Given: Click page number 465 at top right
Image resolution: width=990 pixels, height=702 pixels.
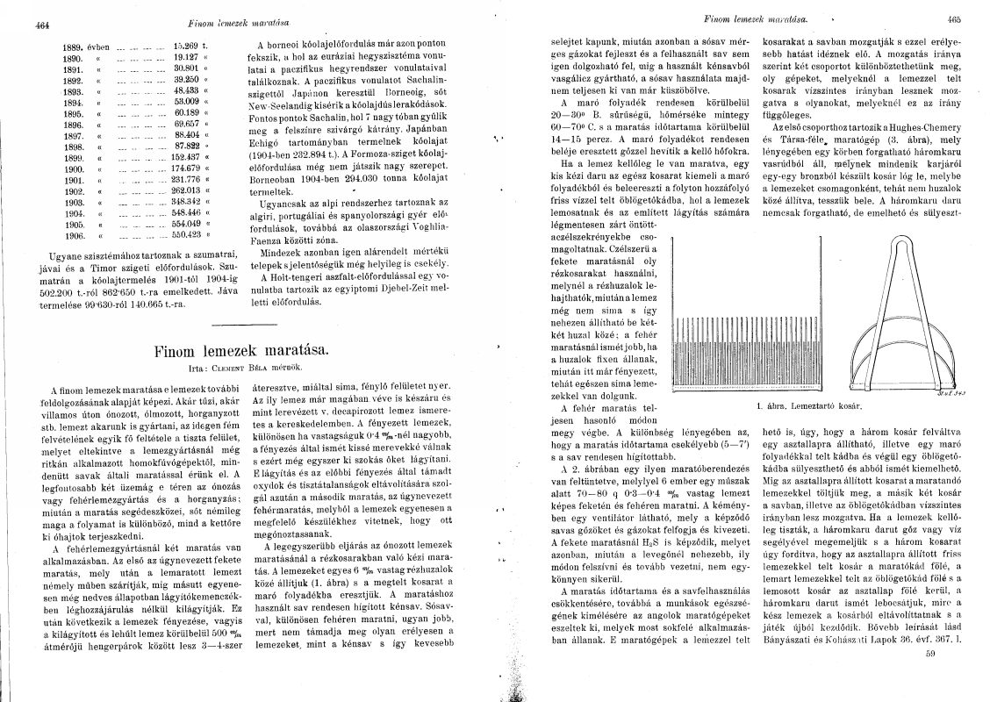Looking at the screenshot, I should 955,18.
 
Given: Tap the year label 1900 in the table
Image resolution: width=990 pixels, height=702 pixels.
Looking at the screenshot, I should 74,168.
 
